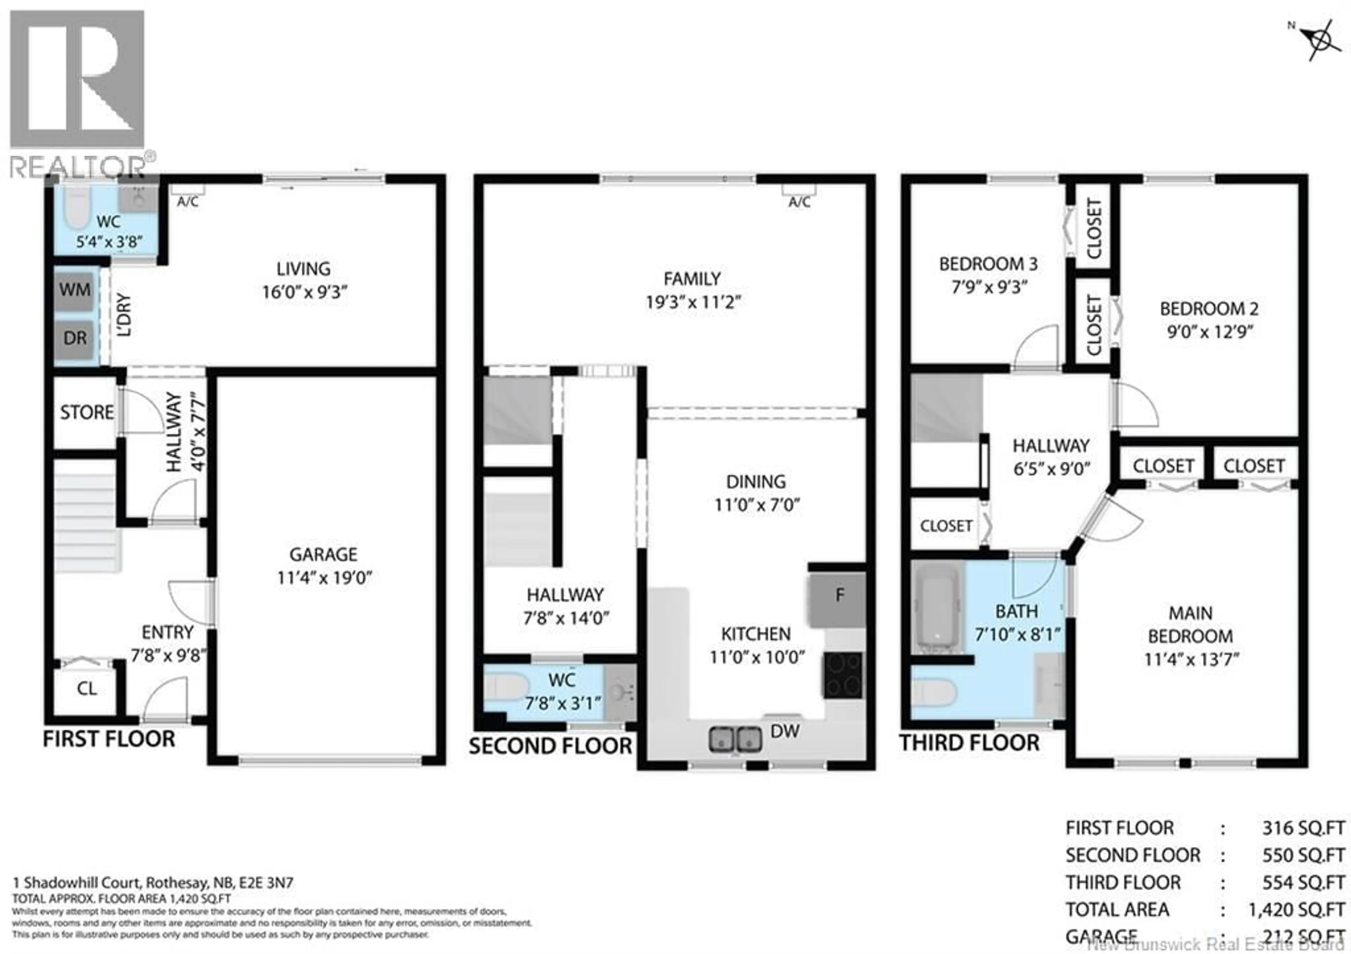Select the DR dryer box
pyautogui.click(x=75, y=339)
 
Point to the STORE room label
pyautogui.click(x=87, y=412)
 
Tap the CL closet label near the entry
pyautogui.click(x=87, y=689)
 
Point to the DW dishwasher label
pyautogui.click(x=785, y=732)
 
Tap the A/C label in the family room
pyautogui.click(x=799, y=202)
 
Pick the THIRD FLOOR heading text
pyautogui.click(x=969, y=743)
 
